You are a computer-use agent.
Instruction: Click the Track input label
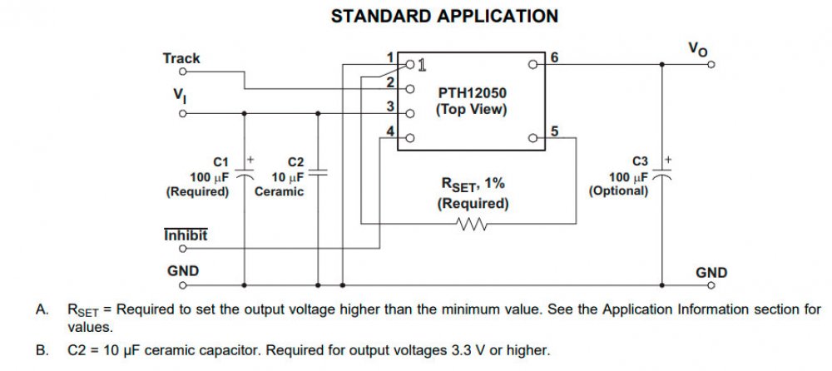point(181,58)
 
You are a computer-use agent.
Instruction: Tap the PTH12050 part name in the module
point(471,94)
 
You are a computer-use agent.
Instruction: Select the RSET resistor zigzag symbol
point(473,224)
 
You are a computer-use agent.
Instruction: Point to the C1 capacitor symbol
point(245,176)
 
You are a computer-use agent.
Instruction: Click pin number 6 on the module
point(554,57)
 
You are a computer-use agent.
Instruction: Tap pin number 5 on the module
point(554,131)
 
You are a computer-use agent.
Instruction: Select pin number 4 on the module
point(389,130)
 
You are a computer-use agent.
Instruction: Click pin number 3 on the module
point(389,106)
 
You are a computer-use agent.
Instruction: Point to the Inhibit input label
point(186,235)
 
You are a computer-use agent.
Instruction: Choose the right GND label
point(711,272)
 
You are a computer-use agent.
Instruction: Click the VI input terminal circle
point(182,113)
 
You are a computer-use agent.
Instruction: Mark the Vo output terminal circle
point(711,64)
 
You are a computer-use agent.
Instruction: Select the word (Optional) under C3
point(618,190)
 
